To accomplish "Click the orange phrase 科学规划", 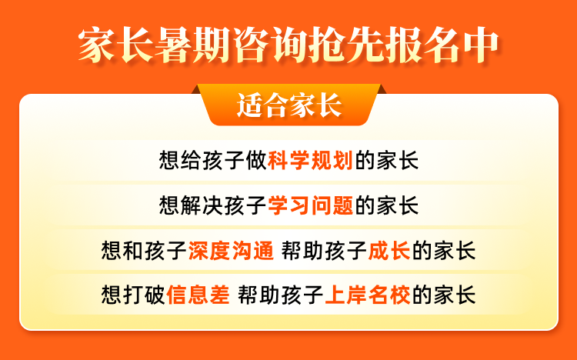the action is [311, 161].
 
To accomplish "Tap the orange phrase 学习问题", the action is [311, 205].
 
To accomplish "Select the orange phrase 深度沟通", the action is [231, 251].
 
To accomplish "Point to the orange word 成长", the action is [389, 251].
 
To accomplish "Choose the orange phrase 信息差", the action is [198, 295].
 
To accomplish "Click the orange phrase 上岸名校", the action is [368, 295].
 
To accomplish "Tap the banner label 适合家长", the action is [289, 105].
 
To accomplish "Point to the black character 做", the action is [256, 161].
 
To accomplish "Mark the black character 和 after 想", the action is [133, 251].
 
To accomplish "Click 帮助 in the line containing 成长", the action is [303, 251].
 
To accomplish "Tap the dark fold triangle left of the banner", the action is [196, 90].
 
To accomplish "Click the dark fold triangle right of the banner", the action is [382, 90].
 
